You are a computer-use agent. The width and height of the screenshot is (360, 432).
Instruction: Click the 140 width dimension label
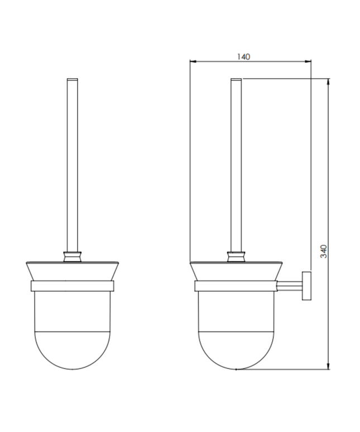pyautogui.click(x=243, y=56)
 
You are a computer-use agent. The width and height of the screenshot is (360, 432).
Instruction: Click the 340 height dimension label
pyautogui.click(x=323, y=252)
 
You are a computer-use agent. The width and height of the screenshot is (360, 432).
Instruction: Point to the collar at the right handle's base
pyautogui.click(x=236, y=257)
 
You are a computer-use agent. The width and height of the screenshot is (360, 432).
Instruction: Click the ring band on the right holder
pyautogui.click(x=236, y=287)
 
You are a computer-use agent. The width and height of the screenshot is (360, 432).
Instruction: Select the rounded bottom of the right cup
pyautogui.click(x=236, y=349)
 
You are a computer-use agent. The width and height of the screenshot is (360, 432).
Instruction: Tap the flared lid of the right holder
pyautogui.click(x=236, y=271)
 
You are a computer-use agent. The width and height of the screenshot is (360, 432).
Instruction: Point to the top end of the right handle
pyautogui.click(x=236, y=79)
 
